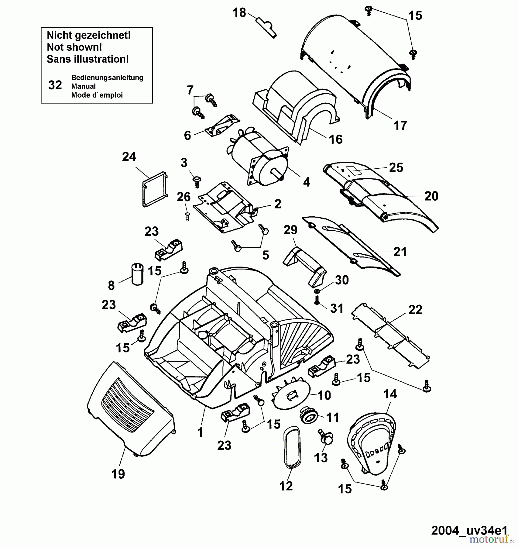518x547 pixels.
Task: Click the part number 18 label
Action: [239, 13]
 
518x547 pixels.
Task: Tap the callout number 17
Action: [400, 125]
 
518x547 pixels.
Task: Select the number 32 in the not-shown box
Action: [55, 85]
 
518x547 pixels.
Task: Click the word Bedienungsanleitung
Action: [107, 77]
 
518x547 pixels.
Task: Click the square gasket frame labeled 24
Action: [155, 189]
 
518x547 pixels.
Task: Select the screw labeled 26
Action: [187, 216]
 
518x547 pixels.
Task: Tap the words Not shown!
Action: [74, 47]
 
